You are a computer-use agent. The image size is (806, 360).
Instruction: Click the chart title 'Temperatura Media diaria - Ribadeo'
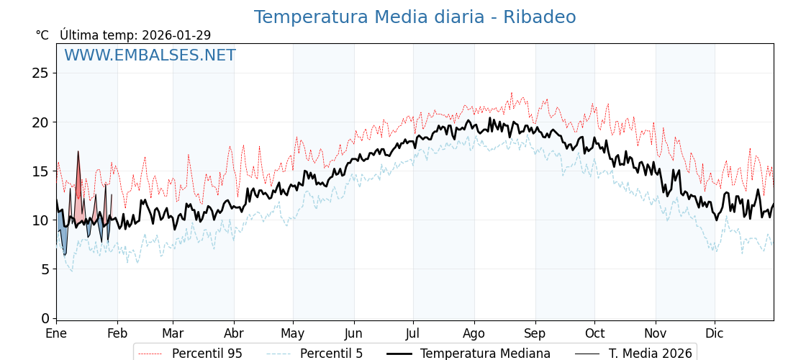point(415,17)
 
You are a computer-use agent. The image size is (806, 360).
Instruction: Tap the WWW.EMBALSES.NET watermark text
point(150,55)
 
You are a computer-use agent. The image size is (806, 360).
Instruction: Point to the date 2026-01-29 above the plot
point(176,35)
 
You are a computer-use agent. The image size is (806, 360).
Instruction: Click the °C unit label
point(42,35)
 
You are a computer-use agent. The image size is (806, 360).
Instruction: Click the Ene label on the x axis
point(56,334)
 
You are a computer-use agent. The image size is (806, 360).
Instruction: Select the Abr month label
point(234,334)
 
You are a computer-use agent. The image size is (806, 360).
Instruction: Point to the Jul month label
point(413,334)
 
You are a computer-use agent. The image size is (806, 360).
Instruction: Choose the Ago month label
point(474,334)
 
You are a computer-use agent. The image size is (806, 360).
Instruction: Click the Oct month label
point(594,334)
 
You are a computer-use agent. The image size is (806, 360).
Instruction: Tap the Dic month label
point(715,334)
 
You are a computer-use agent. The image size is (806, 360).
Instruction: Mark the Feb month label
point(117,334)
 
